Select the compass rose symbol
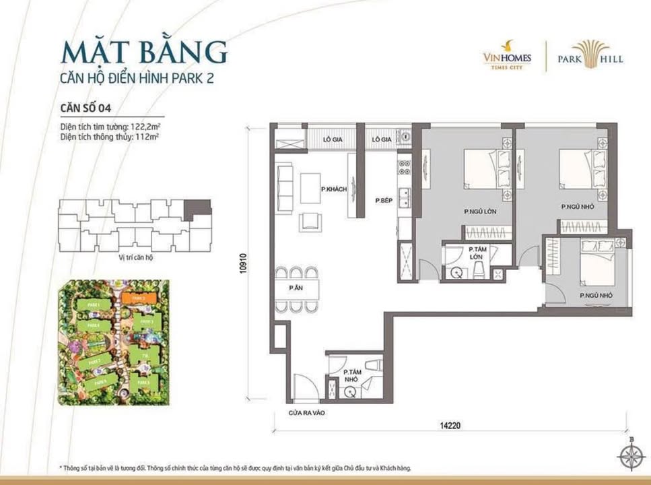[631, 458]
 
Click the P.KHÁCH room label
[333, 189]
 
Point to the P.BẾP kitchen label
[384, 199]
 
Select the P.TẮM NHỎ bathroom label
[351, 375]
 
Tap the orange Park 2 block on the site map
[139, 297]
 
